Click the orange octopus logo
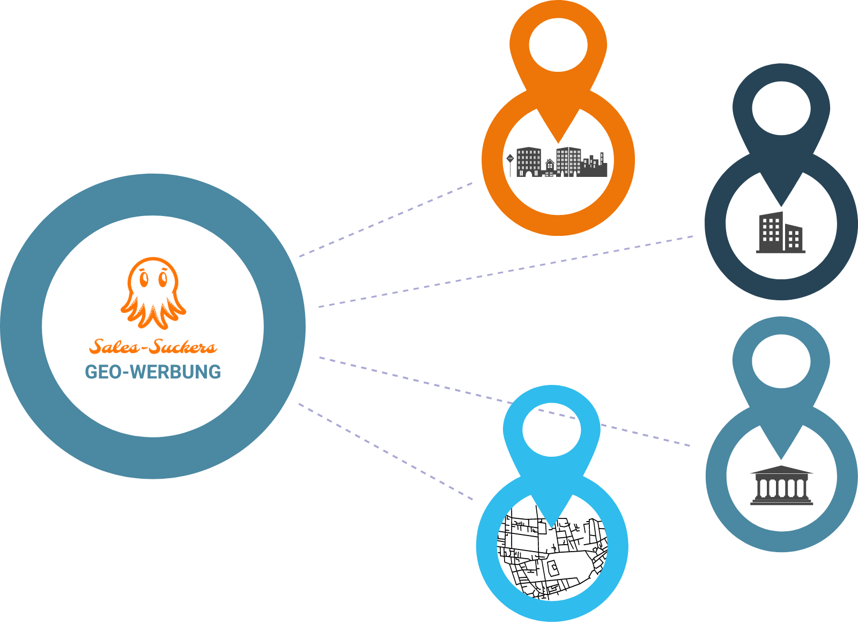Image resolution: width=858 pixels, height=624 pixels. pyautogui.click(x=153, y=292)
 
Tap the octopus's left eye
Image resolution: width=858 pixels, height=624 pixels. pyautogui.click(x=143, y=279)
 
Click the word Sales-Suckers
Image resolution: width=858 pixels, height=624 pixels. pyautogui.click(x=153, y=347)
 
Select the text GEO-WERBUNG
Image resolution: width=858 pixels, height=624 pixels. pyautogui.click(x=153, y=372)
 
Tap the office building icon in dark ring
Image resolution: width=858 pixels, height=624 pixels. pyautogui.click(x=781, y=233)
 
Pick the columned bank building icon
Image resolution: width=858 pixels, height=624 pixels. pyautogui.click(x=781, y=486)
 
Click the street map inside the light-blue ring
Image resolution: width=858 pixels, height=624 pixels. pyautogui.click(x=552, y=558)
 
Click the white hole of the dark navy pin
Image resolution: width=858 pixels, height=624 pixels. pyautogui.click(x=781, y=108)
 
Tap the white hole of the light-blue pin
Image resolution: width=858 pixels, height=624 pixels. pyautogui.click(x=552, y=429)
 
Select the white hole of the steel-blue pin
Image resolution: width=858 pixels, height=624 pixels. pyautogui.click(x=781, y=361)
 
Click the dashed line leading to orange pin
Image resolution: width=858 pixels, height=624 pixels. pyautogui.click(x=386, y=219)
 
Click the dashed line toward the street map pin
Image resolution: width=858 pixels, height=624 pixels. pyautogui.click(x=386, y=451)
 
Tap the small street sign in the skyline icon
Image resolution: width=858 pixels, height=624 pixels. pyautogui.click(x=510, y=159)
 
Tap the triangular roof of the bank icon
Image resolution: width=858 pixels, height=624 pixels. pyautogui.click(x=781, y=470)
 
